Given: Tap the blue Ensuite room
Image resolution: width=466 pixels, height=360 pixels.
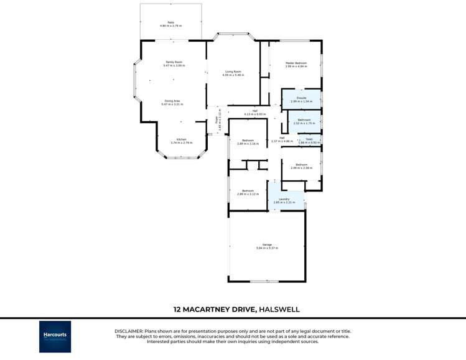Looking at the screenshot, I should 301,99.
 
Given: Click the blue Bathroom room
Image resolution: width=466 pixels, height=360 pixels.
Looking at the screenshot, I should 304,121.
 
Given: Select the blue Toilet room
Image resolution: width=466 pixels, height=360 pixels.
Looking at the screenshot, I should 309,141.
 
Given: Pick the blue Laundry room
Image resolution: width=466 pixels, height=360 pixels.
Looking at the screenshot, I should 284,200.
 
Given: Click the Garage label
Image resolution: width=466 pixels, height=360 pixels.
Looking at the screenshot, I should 267,246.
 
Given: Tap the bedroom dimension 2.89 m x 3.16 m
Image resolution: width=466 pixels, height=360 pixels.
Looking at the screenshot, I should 248,144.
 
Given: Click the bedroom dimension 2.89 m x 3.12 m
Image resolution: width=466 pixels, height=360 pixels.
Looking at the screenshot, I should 248,194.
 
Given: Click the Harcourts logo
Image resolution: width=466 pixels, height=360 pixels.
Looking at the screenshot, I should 55,336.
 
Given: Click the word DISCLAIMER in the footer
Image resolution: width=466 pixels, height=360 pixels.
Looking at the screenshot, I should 129,331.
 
